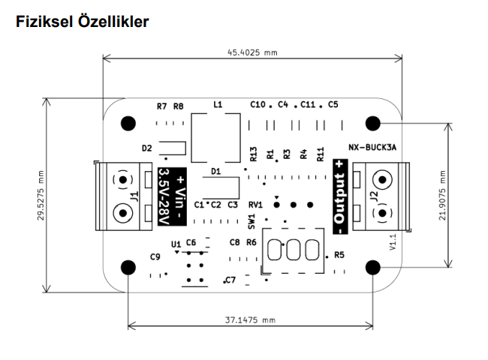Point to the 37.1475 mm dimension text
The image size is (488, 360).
point(251,320)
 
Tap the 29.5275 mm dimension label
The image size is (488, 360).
point(41,193)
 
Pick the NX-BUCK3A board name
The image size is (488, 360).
point(372,148)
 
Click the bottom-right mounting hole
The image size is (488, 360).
point(373,266)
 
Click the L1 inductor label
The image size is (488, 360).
point(218,105)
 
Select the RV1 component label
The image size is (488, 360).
point(255,204)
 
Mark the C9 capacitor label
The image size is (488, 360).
point(155,256)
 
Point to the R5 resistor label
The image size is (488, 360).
point(339,255)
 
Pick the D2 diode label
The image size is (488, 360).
point(146,148)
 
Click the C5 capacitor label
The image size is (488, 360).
point(333,104)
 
